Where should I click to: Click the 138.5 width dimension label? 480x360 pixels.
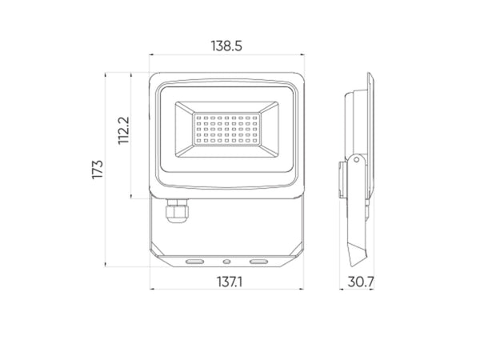(226, 46)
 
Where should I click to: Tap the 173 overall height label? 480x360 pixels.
(98, 169)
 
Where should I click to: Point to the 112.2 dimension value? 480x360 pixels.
(122, 131)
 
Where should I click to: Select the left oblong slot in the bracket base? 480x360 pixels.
(194, 261)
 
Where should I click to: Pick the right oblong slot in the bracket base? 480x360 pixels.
(258, 261)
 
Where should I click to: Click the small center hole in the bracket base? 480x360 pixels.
(226, 261)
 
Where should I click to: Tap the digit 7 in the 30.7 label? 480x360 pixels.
(370, 282)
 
